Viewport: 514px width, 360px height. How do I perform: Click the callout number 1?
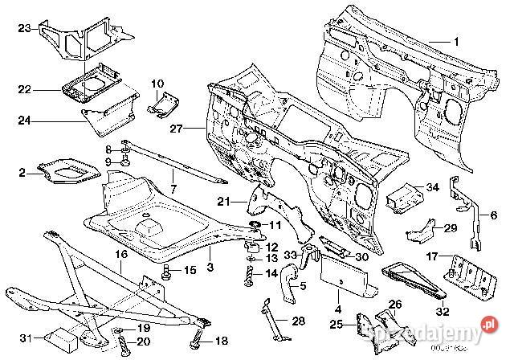457,41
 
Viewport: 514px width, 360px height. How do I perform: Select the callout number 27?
177,127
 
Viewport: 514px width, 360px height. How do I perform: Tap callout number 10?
157,83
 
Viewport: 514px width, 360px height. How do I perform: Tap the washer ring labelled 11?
255,223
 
